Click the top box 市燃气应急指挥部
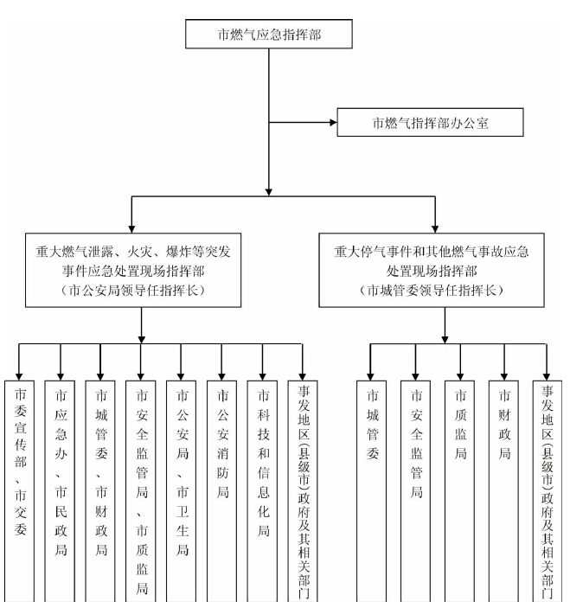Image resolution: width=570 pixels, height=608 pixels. tap(272, 35)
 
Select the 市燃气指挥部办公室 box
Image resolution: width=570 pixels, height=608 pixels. tap(430, 123)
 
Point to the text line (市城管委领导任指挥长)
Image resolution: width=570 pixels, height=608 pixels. tap(445, 290)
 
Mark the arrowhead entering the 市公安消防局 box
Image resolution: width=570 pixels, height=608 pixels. tap(221, 374)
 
